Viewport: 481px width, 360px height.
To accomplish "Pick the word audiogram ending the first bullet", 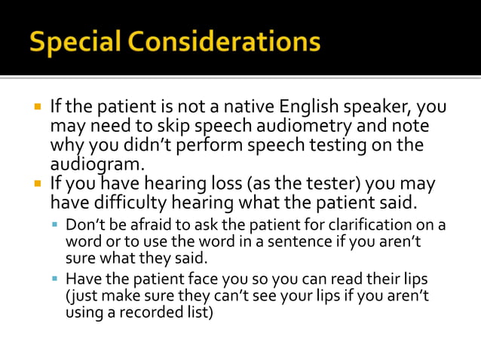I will coord(97,163).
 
